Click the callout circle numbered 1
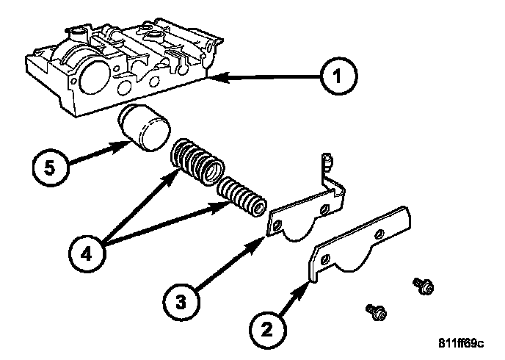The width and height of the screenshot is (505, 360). [338, 76]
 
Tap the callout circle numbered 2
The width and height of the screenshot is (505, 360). [267, 329]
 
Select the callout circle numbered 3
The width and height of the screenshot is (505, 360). [181, 302]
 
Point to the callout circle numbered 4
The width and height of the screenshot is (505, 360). [87, 253]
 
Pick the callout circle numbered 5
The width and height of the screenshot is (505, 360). [51, 168]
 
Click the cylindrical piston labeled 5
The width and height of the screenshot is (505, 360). [144, 128]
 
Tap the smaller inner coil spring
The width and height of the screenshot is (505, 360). [242, 197]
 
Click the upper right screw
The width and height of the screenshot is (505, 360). [424, 286]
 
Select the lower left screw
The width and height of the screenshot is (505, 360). [377, 312]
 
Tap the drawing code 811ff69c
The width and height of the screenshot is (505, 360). [461, 343]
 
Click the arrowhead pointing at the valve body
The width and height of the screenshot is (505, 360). [219, 77]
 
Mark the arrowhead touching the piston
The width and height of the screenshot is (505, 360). [121, 147]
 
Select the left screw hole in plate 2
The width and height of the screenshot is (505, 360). [326, 259]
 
